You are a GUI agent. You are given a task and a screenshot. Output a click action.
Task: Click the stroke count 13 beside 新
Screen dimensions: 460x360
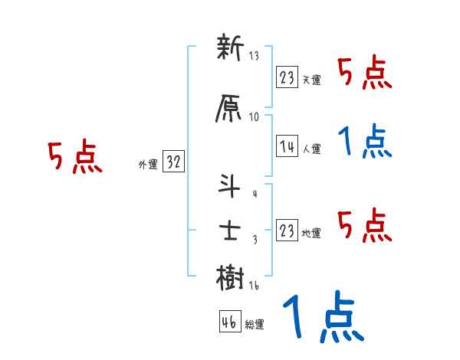click(x=254, y=57)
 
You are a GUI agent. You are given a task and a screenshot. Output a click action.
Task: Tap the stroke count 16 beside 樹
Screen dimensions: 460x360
click(x=254, y=285)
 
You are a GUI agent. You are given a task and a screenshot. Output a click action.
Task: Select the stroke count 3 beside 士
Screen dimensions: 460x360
click(x=255, y=240)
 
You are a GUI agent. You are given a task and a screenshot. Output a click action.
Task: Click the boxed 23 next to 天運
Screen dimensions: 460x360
click(x=287, y=77)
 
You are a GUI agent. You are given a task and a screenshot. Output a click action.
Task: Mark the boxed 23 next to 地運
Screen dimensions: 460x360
click(x=287, y=230)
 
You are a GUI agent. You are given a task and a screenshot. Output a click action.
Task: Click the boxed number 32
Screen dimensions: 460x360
click(x=173, y=162)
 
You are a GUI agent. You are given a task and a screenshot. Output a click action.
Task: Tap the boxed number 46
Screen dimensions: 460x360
click(x=228, y=322)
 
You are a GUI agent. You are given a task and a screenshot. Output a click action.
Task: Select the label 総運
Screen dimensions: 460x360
click(x=254, y=325)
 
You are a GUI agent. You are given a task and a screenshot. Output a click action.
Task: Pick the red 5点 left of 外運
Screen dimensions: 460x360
click(x=74, y=157)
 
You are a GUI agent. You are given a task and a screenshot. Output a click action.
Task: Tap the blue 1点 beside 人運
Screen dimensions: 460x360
click(x=365, y=142)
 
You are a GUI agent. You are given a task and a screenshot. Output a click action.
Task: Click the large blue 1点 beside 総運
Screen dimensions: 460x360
click(x=322, y=318)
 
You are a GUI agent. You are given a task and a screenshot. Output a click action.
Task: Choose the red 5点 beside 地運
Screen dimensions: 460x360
click(x=365, y=226)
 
